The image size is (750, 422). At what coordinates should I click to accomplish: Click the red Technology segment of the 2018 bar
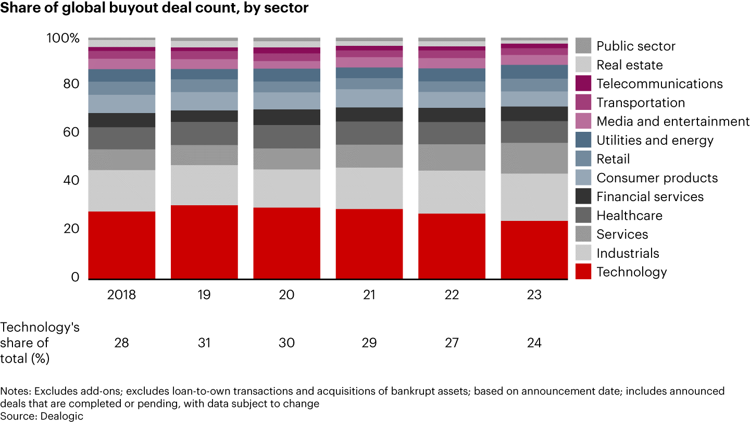tap(122, 245)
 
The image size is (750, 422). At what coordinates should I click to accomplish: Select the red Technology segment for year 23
tap(534, 250)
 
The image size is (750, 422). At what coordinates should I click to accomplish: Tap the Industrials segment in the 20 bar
tap(286, 188)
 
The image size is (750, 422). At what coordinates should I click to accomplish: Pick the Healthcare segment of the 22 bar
tap(452, 133)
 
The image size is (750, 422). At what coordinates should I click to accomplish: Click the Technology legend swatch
tap(583, 272)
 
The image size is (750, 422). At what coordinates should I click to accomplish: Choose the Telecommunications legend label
tap(659, 84)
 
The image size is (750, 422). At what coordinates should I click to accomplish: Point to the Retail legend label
tap(613, 159)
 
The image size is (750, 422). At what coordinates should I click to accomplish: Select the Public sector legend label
tap(635, 46)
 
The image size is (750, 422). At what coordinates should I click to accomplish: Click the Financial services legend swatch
tap(583, 196)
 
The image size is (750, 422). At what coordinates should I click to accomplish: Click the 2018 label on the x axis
tap(121, 295)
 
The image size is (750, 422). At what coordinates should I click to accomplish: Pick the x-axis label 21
tap(369, 295)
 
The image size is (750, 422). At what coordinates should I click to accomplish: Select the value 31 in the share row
tap(204, 343)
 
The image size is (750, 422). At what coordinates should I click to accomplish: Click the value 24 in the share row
tap(534, 343)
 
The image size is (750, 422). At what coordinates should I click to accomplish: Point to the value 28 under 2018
tap(121, 343)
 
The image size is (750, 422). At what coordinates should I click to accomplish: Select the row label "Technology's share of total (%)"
tap(40, 343)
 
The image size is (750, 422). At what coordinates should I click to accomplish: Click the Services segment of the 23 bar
tap(534, 158)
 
